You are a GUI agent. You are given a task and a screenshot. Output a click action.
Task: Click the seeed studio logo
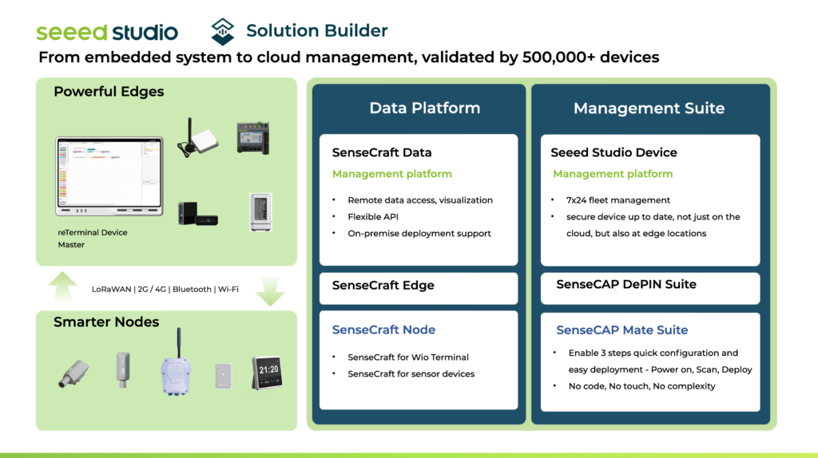pyautogui.click(x=107, y=32)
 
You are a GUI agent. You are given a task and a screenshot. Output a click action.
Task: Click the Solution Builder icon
pyautogui.click(x=223, y=31)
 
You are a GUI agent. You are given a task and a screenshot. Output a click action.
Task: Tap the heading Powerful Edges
pyautogui.click(x=109, y=92)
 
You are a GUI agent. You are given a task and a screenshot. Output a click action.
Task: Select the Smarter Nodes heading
pyautogui.click(x=106, y=322)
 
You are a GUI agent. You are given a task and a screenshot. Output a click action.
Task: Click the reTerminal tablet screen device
pyautogui.click(x=108, y=177)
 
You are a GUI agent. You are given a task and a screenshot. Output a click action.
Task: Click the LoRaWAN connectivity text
pyautogui.click(x=112, y=289)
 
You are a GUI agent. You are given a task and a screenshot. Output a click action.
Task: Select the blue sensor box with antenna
pyautogui.click(x=177, y=369)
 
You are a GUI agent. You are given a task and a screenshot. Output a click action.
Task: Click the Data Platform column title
pyautogui.click(x=424, y=108)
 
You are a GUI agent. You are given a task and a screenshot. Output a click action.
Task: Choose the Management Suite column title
pyautogui.click(x=649, y=108)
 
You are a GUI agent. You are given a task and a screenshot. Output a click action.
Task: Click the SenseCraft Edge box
pyautogui.click(x=419, y=286)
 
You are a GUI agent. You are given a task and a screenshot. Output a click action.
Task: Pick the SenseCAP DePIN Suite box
pyautogui.click(x=650, y=285)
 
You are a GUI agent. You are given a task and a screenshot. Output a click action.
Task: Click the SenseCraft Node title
pyautogui.click(x=383, y=330)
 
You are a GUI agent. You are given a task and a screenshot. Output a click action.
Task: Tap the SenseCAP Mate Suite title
pyautogui.click(x=621, y=330)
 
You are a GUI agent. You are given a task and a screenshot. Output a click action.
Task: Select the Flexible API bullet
pyautogui.click(x=373, y=217)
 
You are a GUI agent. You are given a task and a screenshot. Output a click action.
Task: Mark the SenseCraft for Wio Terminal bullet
pyautogui.click(x=407, y=357)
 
